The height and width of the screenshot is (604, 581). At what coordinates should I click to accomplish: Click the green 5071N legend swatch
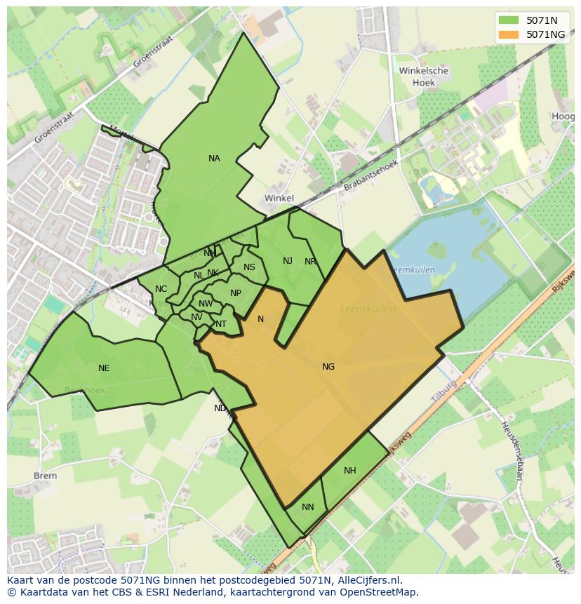click(509, 20)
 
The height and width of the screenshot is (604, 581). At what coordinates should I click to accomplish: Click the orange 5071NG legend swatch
click(509, 34)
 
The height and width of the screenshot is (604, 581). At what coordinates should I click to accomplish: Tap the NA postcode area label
click(214, 159)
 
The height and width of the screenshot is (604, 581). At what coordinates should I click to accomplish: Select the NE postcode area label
click(104, 368)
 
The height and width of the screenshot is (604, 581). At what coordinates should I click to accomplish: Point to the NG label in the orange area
click(328, 366)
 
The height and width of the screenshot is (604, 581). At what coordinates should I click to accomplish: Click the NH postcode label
click(350, 471)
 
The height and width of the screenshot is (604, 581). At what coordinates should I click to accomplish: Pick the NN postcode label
click(308, 506)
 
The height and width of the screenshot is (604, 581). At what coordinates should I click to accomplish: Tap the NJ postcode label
click(288, 261)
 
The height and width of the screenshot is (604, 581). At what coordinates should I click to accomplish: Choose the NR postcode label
click(310, 262)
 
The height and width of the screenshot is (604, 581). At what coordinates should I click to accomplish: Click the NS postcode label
click(249, 267)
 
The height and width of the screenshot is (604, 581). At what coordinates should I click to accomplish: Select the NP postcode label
click(236, 293)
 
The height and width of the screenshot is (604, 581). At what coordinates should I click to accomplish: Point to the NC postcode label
click(161, 289)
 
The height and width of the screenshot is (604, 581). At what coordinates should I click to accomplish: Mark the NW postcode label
click(206, 304)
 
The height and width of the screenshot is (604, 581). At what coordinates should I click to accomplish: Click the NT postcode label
click(221, 323)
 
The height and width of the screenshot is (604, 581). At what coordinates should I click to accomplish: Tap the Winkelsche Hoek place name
click(423, 76)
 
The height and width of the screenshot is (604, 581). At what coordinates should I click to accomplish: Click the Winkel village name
click(279, 199)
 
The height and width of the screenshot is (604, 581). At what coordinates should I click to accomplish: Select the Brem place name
click(46, 476)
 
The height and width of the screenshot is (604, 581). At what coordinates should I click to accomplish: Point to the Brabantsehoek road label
click(370, 176)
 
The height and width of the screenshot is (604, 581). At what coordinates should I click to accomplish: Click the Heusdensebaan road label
click(512, 450)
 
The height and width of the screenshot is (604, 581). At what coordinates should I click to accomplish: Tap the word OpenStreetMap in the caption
click(382, 591)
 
